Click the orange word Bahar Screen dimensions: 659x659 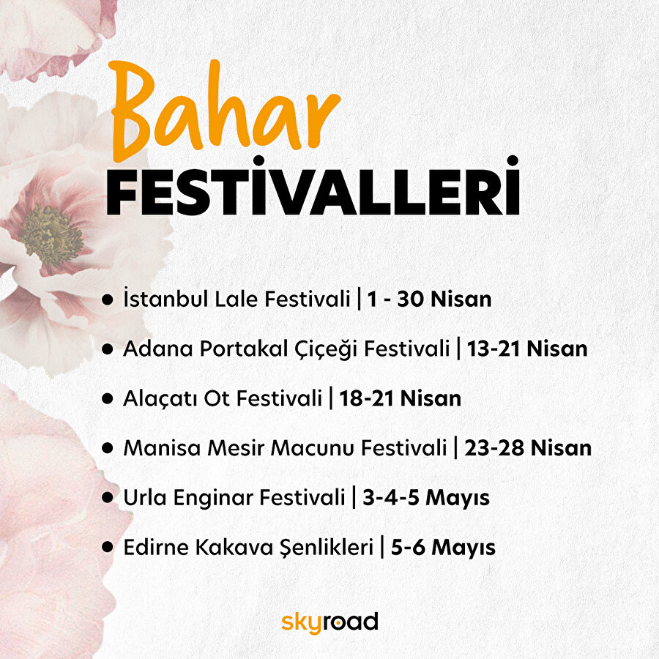pos(224,110)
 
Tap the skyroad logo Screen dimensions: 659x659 pos(329,622)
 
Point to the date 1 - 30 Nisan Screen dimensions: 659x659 pos(429,299)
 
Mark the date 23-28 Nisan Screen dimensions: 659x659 pos(528,447)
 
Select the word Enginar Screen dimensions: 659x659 pos(200,498)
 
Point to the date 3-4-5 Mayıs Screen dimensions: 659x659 pos(426,498)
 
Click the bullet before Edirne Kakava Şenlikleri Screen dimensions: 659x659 pos(108,547)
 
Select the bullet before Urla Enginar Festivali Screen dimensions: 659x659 pos(108,498)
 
